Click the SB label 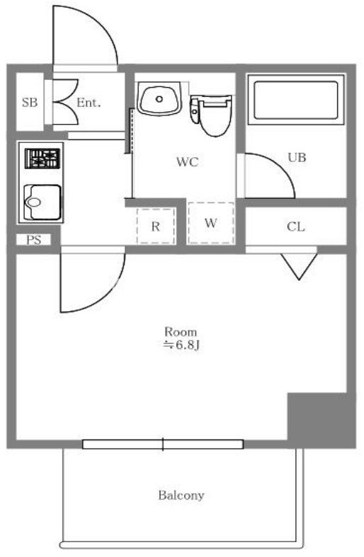[30, 103]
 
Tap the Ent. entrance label [89, 103]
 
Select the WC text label [188, 162]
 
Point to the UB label [297, 157]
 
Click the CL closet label [296, 226]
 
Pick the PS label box [33, 240]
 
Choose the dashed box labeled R [156, 226]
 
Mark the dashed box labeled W [211, 223]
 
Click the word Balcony [181, 495]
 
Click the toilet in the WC [211, 115]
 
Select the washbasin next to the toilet [159, 98]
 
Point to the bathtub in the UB [296, 100]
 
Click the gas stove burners [42, 159]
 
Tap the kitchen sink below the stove [42, 202]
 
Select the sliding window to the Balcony [163, 444]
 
